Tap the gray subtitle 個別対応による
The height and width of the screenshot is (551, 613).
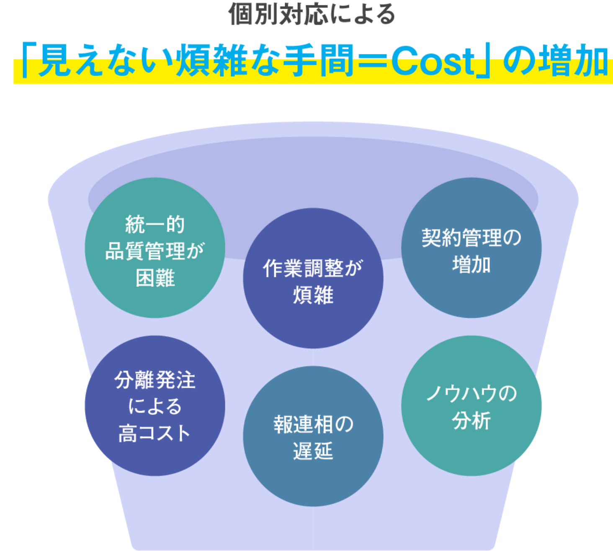(x=312, y=14)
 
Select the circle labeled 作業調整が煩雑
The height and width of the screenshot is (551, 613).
(x=313, y=278)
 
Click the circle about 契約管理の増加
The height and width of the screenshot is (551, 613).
(x=471, y=248)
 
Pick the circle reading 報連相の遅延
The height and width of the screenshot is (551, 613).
(x=313, y=436)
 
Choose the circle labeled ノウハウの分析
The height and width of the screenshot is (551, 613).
(x=471, y=406)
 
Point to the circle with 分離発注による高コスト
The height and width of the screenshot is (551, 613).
(x=155, y=406)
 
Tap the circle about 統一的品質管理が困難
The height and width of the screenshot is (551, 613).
(x=155, y=248)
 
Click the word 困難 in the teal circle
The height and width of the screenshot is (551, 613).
(x=155, y=278)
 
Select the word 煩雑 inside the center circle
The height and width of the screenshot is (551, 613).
(x=313, y=295)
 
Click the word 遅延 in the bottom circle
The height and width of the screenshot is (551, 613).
(x=313, y=451)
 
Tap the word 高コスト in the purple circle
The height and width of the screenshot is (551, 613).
(x=155, y=433)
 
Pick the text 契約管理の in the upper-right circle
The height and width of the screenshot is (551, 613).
(x=471, y=238)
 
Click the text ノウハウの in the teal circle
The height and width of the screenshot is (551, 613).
(x=471, y=394)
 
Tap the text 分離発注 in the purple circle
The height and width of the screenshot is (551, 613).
(x=155, y=380)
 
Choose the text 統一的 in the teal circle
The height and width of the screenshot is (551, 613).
(x=155, y=224)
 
